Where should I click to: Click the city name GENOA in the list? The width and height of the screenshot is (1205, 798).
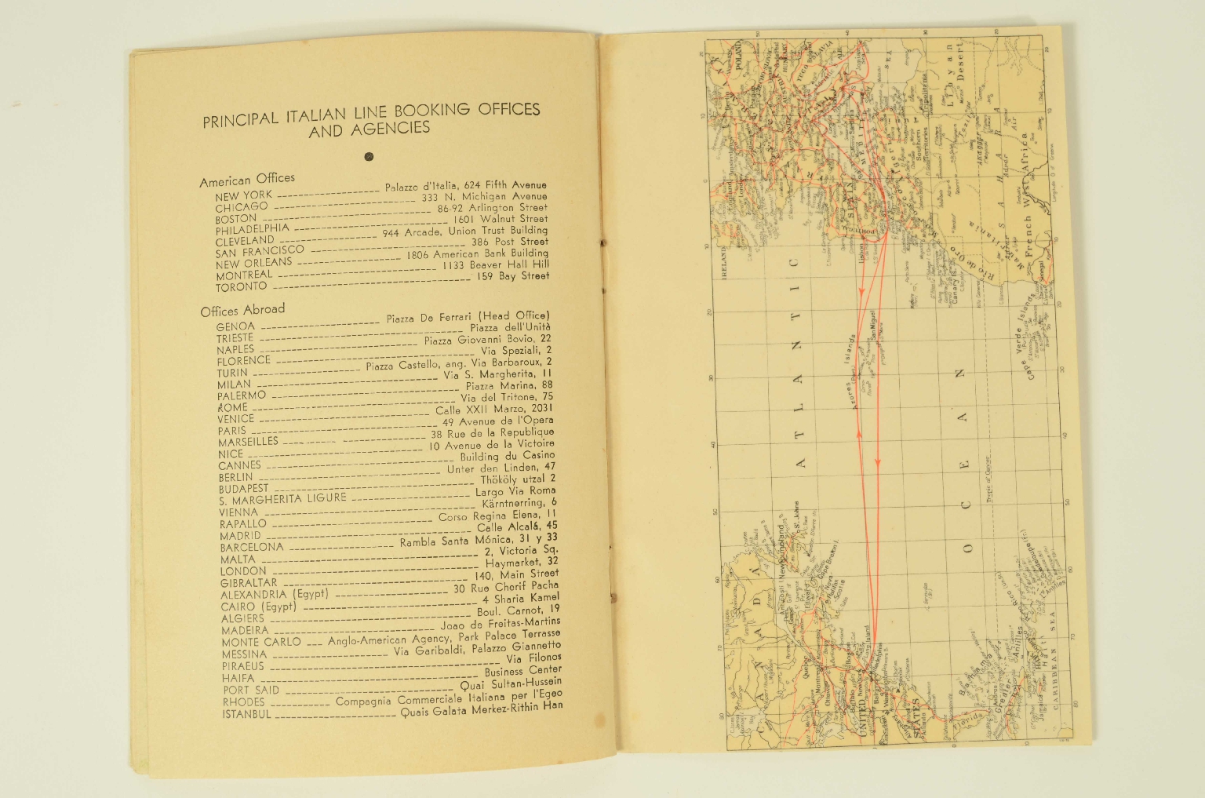(x=235, y=326)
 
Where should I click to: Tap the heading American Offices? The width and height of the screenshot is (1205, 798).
(x=247, y=180)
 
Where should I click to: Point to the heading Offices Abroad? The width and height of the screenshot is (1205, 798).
(x=242, y=311)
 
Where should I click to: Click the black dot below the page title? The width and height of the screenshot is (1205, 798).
(x=369, y=156)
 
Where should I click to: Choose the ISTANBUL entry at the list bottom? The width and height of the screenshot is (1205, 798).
(x=246, y=714)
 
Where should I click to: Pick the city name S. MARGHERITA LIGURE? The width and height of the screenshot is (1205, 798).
(x=282, y=499)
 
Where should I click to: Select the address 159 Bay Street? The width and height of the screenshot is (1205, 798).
(x=513, y=276)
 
